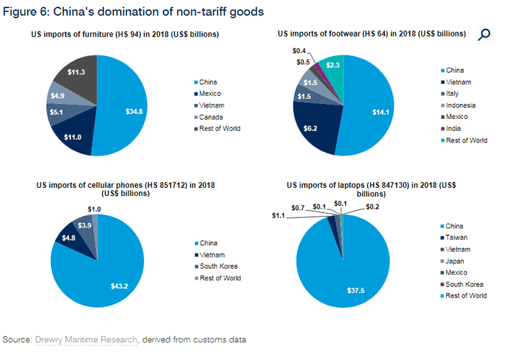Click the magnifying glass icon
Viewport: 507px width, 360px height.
click(x=483, y=35)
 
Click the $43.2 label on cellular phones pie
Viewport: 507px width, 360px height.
click(x=120, y=286)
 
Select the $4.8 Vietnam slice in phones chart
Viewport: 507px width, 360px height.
click(x=68, y=237)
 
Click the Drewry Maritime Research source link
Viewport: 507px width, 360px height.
click(x=86, y=340)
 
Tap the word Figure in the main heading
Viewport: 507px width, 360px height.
click(x=19, y=11)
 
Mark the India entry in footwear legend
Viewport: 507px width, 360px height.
click(x=454, y=128)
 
